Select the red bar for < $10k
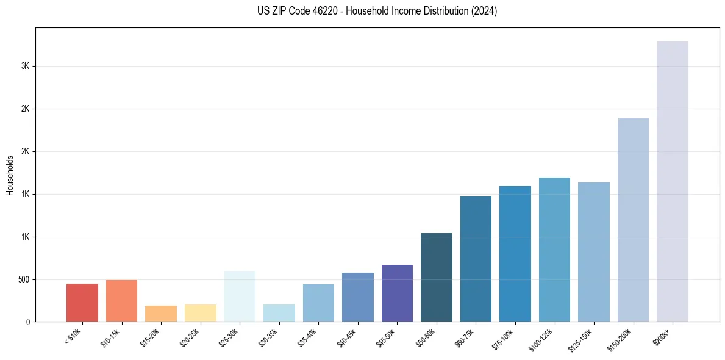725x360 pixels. pyautogui.click(x=82, y=303)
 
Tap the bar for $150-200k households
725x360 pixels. pyautogui.click(x=633, y=220)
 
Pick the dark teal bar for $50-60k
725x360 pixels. pyautogui.click(x=437, y=277)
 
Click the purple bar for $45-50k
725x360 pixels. pyautogui.click(x=397, y=293)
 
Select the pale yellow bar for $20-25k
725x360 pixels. pyautogui.click(x=201, y=313)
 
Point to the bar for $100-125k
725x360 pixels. pyautogui.click(x=554, y=250)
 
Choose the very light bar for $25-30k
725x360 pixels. pyautogui.click(x=240, y=296)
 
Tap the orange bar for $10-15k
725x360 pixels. pyautogui.click(x=121, y=301)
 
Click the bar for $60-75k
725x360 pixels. pyautogui.click(x=476, y=259)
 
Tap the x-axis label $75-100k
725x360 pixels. pyautogui.click(x=504, y=339)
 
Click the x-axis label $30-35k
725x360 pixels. pyautogui.click(x=268, y=339)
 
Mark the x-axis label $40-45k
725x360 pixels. pyautogui.click(x=347, y=339)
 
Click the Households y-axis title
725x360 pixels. pyautogui.click(x=10, y=175)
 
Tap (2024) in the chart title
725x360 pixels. pyautogui.click(x=485, y=11)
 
